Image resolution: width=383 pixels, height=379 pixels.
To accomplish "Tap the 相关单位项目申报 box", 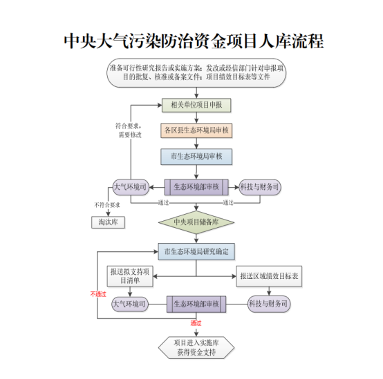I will point(196,106).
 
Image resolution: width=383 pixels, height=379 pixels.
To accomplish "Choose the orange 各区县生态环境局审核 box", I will point(196,130).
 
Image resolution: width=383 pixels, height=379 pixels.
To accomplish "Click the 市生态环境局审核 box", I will point(196,157).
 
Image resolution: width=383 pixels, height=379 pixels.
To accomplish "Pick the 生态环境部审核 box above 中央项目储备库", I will point(196,187).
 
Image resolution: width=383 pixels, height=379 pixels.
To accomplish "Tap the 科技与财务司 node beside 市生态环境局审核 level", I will point(260,187).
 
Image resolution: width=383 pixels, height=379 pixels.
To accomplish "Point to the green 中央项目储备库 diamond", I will point(196,222).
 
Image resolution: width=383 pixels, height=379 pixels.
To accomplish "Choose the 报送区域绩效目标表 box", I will point(269,276).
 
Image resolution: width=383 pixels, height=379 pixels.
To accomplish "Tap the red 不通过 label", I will point(98,293).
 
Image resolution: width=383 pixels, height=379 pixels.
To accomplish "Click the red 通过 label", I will point(196,323).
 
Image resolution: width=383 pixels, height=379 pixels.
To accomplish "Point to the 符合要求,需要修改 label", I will point(129,130).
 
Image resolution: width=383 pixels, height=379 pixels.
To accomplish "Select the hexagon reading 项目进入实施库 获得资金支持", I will point(196,347).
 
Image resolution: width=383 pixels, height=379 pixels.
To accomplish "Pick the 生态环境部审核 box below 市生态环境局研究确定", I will point(196,304).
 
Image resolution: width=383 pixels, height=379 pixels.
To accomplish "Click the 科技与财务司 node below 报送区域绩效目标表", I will point(269,304).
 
